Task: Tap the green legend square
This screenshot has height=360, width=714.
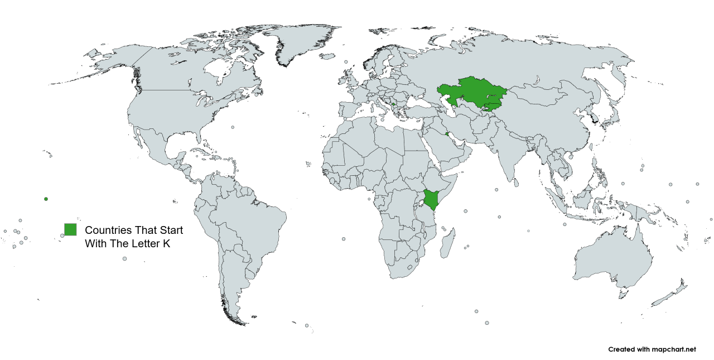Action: click(70, 229)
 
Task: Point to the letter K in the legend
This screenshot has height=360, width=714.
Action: click(166, 244)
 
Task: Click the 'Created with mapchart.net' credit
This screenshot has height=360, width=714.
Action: click(652, 349)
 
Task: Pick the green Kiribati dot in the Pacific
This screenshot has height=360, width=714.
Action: click(46, 199)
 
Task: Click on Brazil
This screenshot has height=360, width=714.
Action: click(251, 218)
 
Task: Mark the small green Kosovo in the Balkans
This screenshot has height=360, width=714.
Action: click(394, 104)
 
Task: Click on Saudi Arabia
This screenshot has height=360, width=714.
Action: click(446, 148)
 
